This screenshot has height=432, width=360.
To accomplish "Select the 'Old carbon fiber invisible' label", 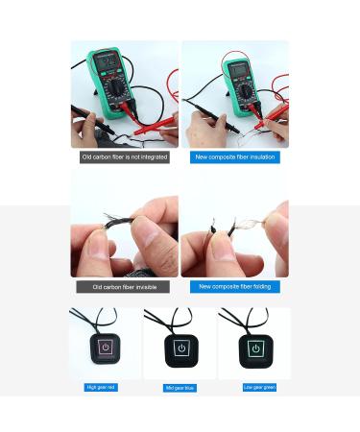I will tap(123, 286).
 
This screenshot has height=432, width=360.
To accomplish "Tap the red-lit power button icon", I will tap(106, 348).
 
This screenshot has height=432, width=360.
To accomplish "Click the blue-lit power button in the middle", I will tap(180, 348).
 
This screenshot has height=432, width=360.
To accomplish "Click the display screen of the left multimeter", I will tap(108, 63).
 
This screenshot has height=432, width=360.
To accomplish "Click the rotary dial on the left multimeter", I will tap(115, 89).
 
